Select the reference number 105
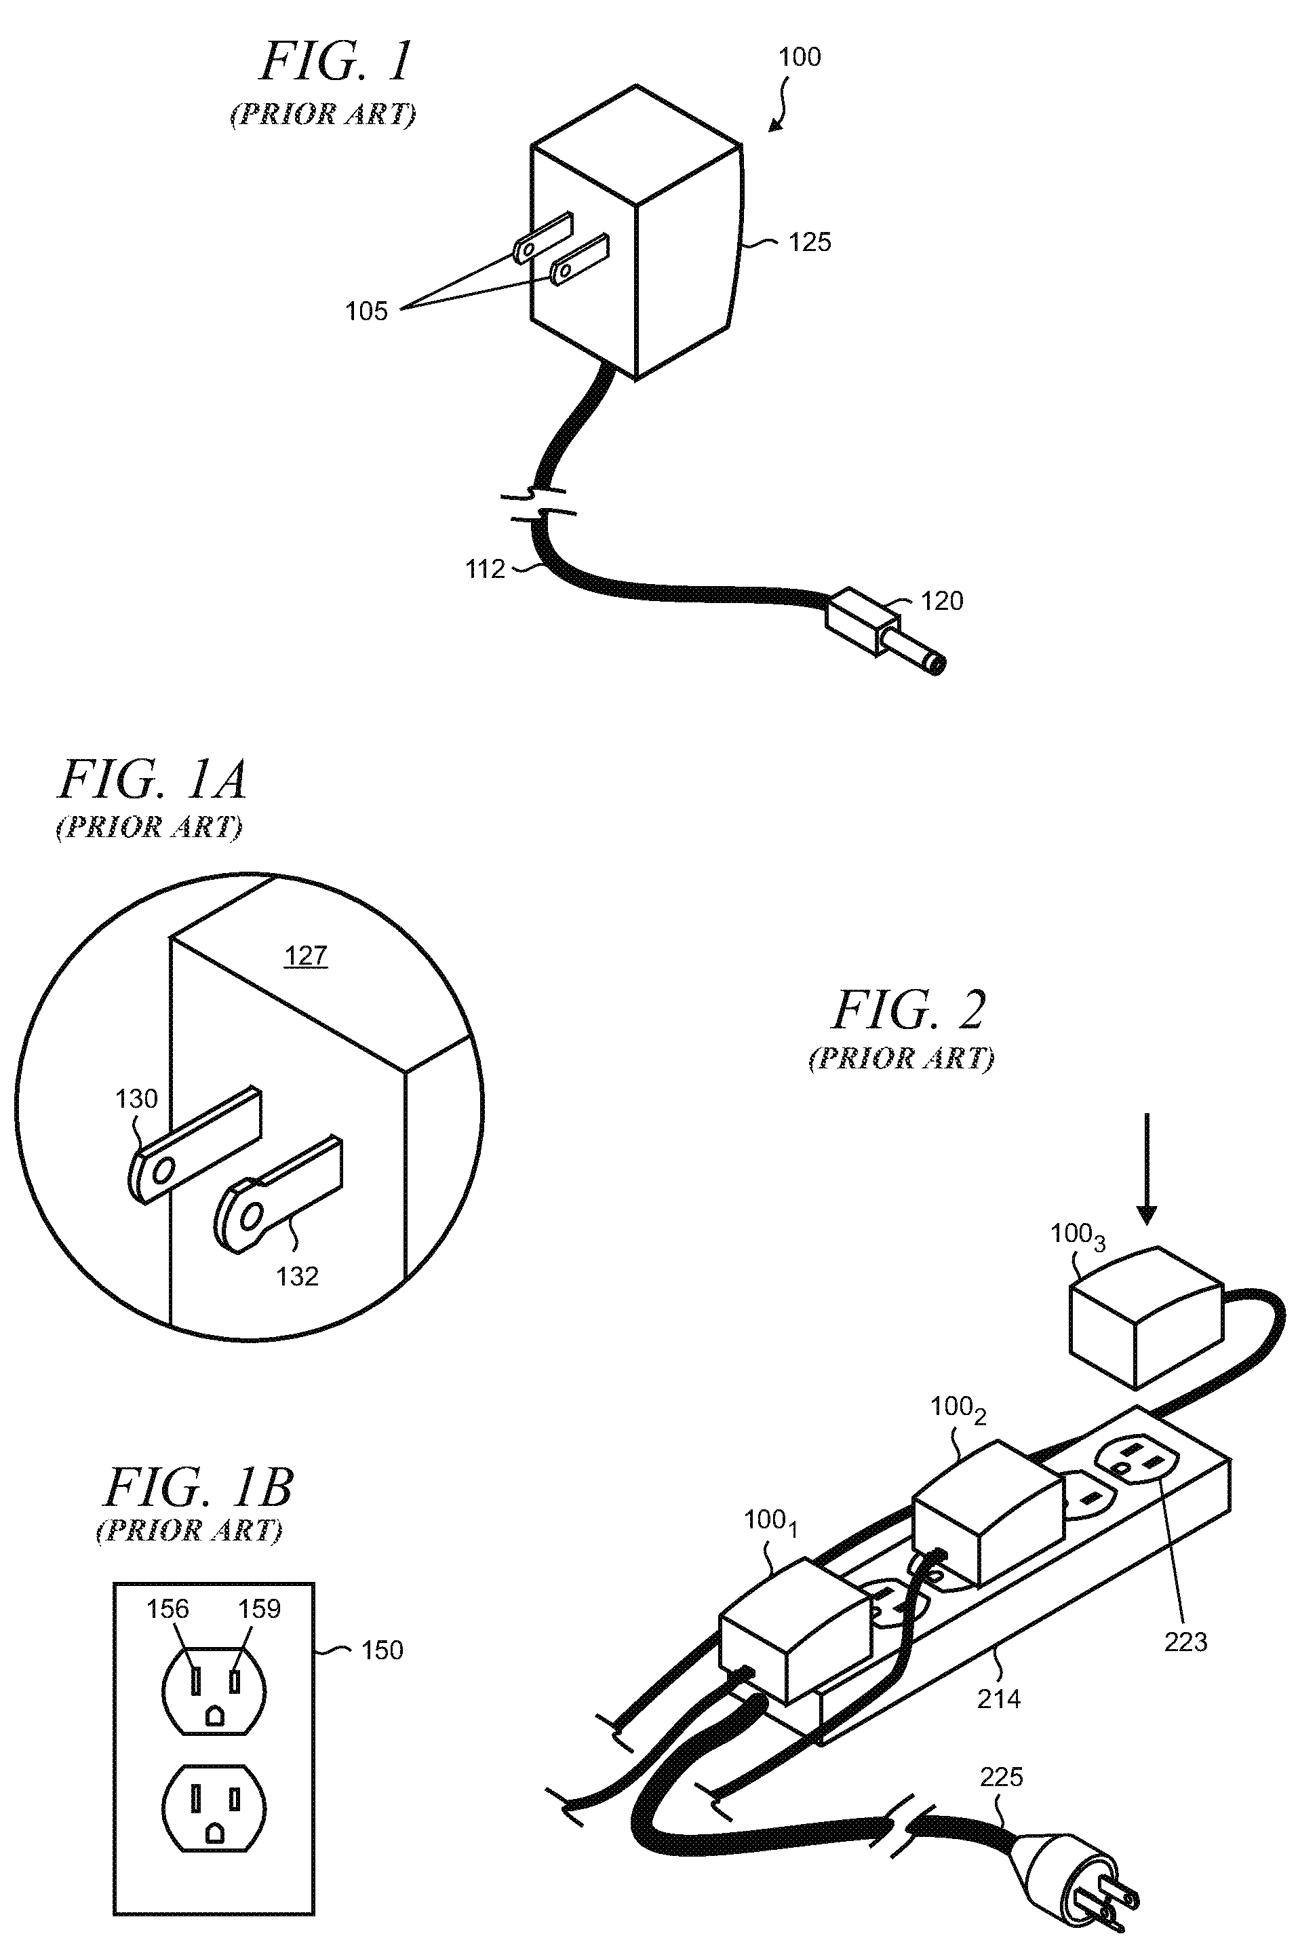coord(366,311)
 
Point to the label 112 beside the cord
coord(484,569)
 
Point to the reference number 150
coord(382,1650)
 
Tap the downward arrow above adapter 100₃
coord(1147,1168)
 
